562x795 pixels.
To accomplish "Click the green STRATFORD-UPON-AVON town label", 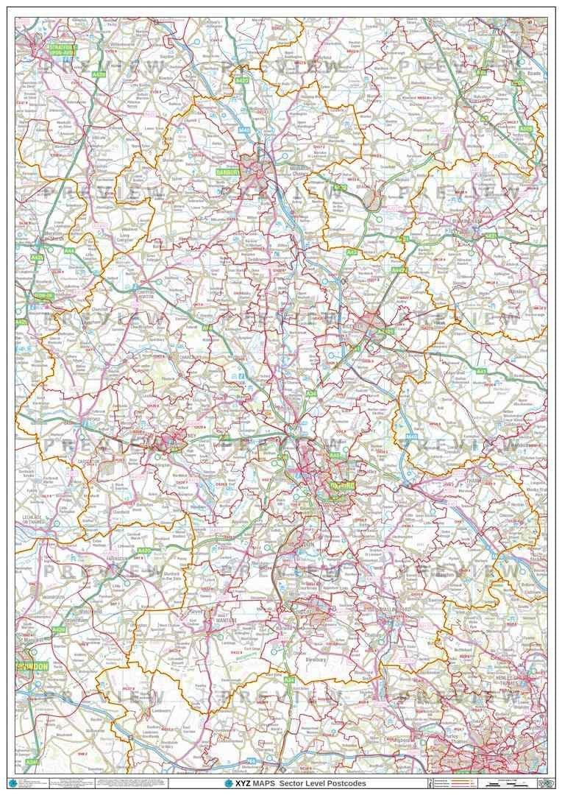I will point(62,49).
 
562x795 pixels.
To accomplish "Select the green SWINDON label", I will point(32,665).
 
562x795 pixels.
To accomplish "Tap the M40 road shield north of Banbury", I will point(244,130).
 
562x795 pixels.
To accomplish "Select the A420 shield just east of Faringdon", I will point(143,551).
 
